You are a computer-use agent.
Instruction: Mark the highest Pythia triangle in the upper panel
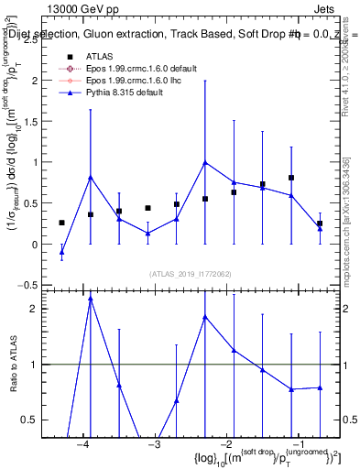tap(205, 163)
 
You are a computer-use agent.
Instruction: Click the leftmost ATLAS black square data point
tap(61, 223)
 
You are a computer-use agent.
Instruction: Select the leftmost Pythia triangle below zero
tap(61, 251)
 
